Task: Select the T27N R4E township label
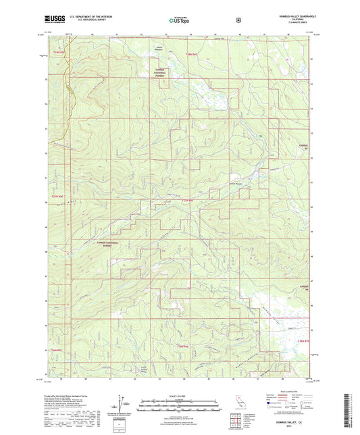(187, 200)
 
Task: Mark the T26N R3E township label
(57, 351)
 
